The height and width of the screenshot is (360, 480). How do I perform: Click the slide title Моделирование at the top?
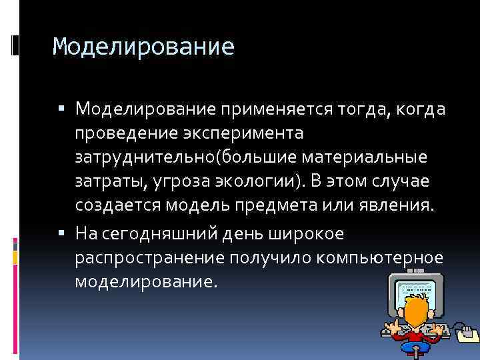click(x=143, y=47)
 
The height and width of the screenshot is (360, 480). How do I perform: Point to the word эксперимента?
click(x=246, y=133)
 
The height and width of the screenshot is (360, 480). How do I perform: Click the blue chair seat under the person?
click(x=416, y=351)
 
